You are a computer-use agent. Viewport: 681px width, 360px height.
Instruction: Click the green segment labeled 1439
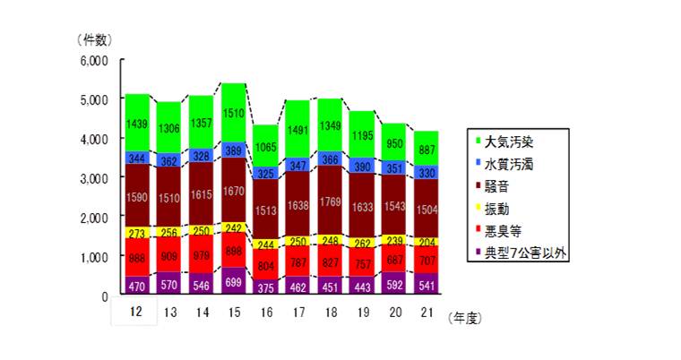[x=137, y=122]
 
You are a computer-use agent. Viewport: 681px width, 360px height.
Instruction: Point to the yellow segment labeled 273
[x=137, y=232]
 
